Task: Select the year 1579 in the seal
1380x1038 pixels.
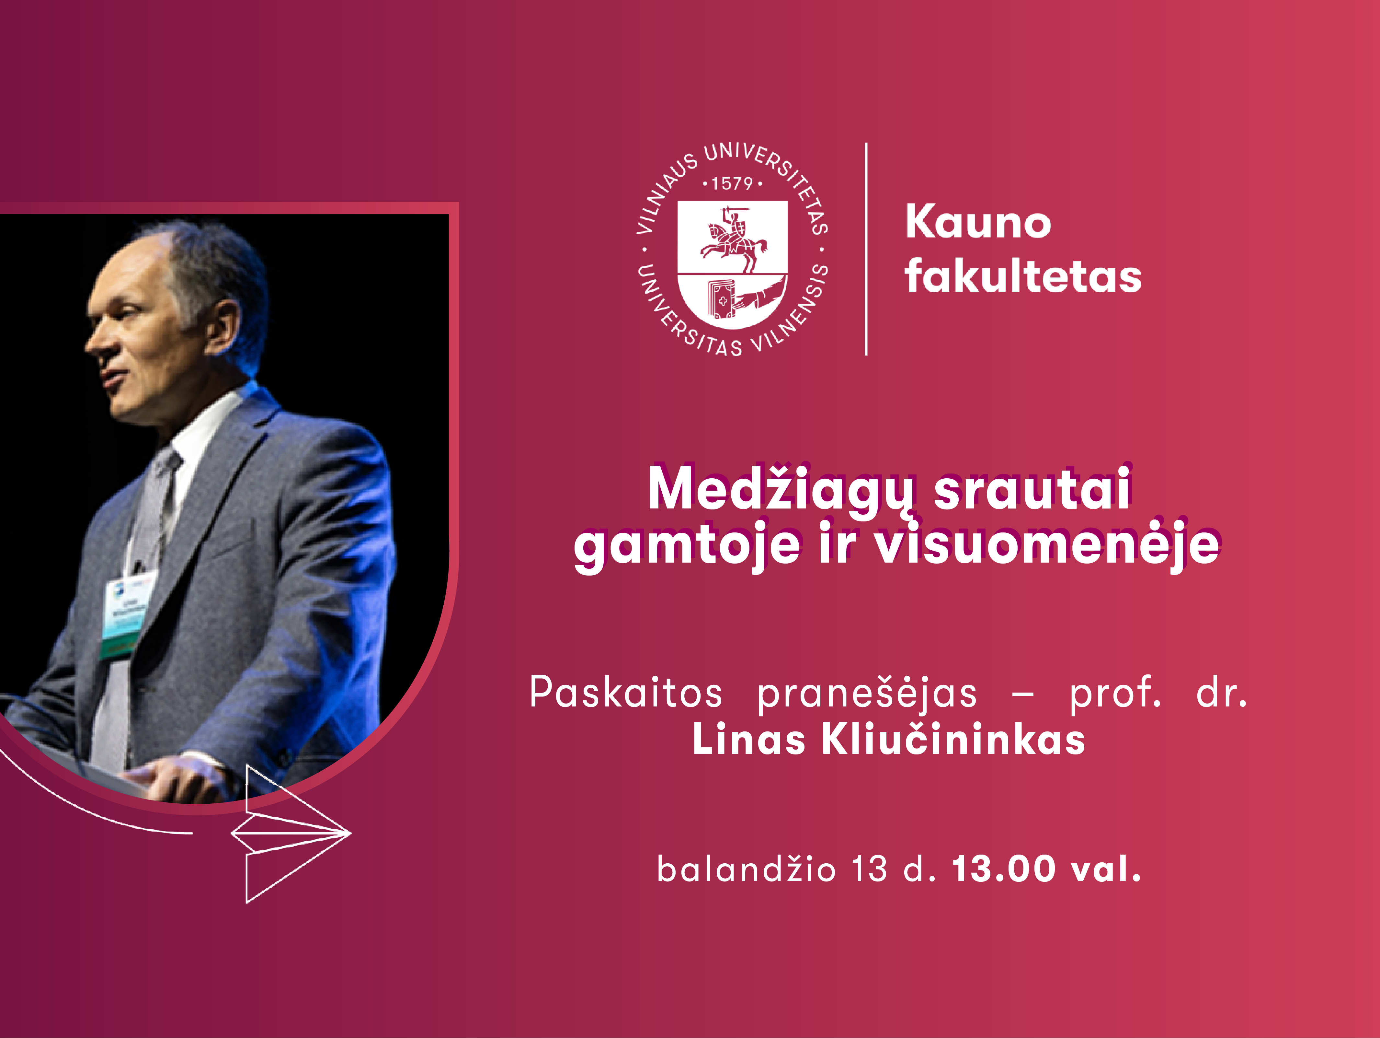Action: (x=732, y=183)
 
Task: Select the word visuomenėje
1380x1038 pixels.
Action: (x=1046, y=544)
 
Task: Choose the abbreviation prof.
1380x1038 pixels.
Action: (x=1115, y=693)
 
